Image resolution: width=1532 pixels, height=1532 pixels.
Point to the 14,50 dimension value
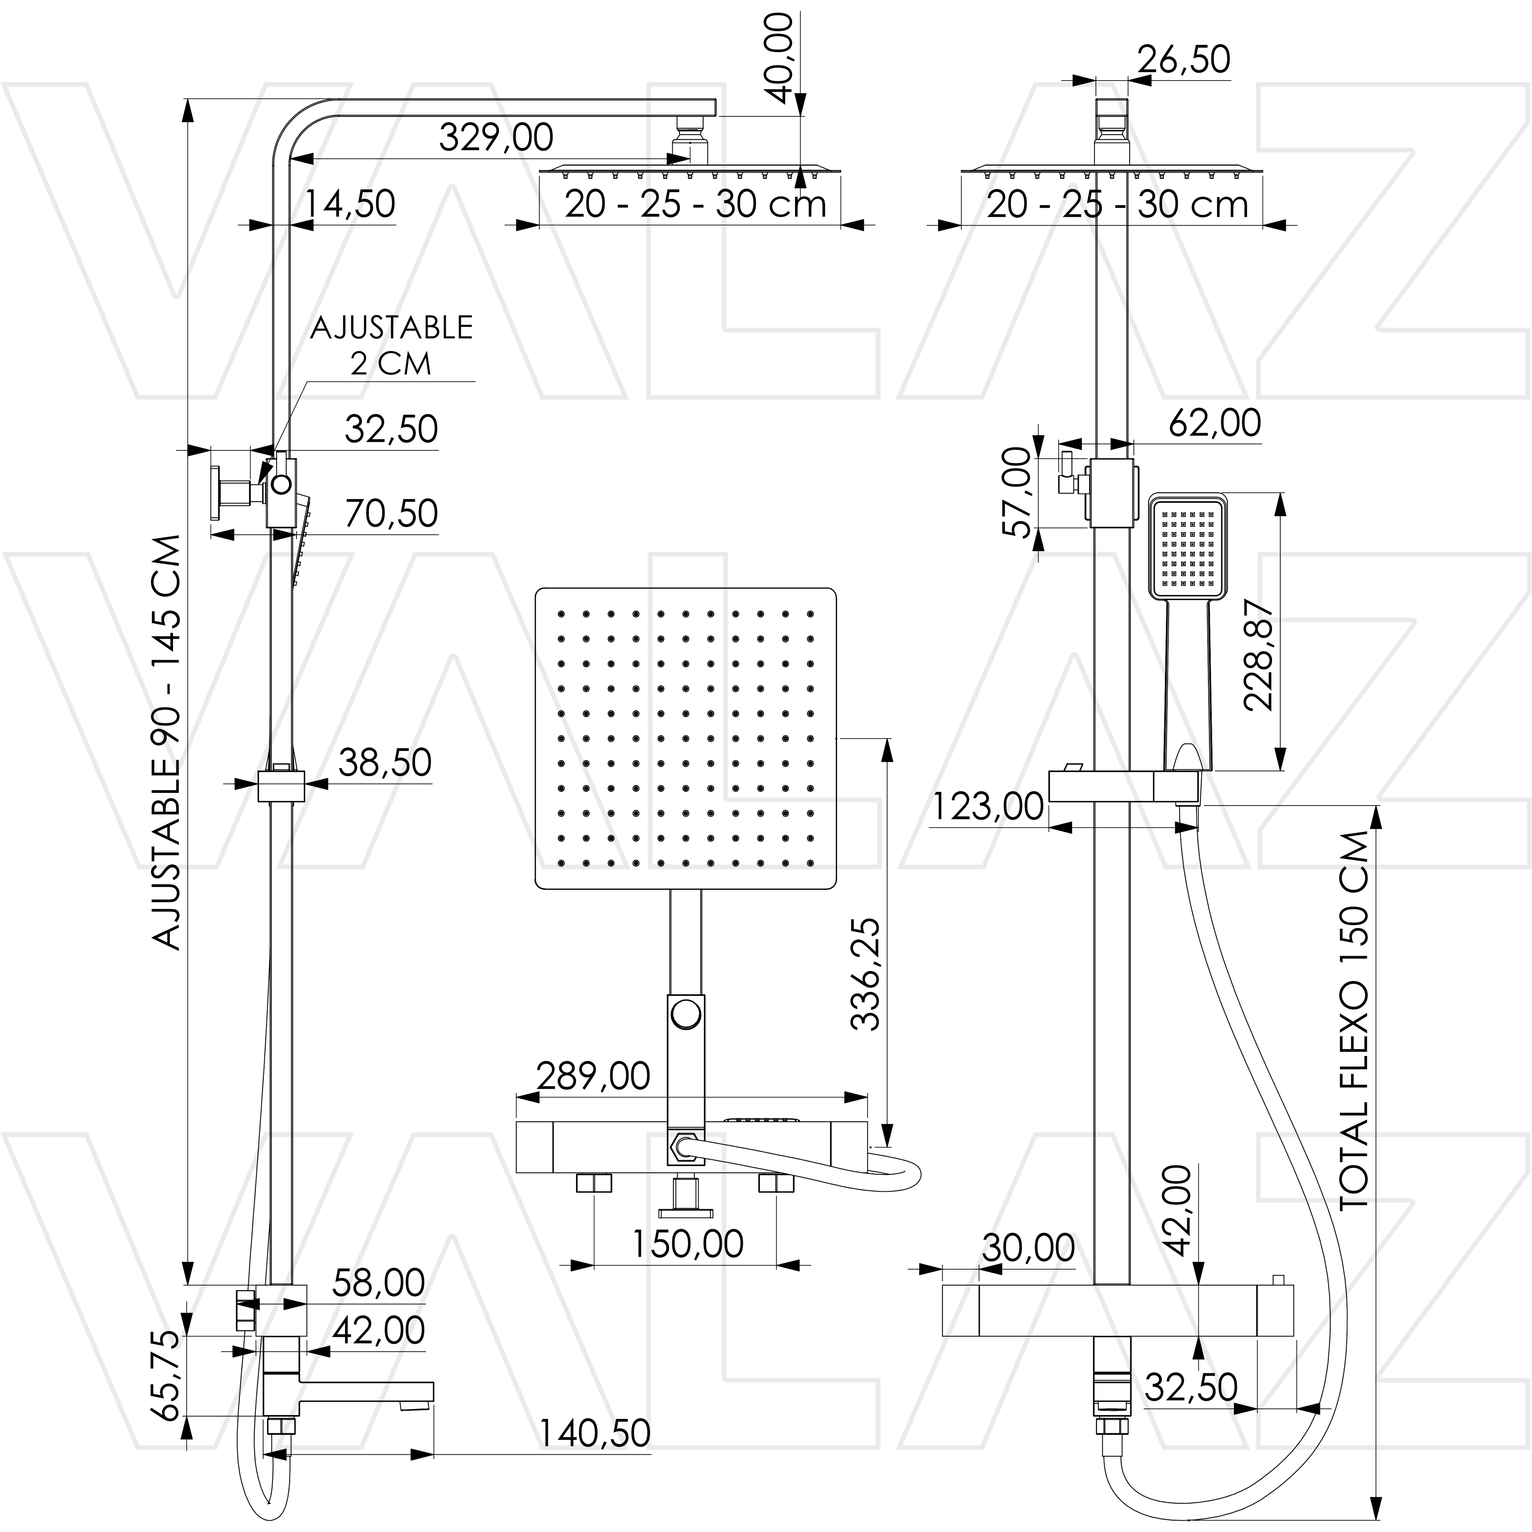coord(350,204)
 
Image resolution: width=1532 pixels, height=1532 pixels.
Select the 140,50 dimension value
coord(595,1433)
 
